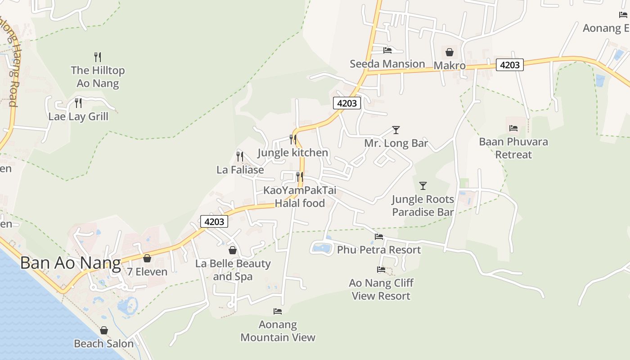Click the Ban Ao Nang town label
pyautogui.click(x=71, y=263)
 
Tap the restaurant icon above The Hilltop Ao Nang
pyautogui.click(x=98, y=57)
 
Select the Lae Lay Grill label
pyautogui.click(x=78, y=117)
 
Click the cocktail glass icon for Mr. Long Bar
pyautogui.click(x=396, y=130)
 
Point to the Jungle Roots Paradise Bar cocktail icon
pyautogui.click(x=423, y=185)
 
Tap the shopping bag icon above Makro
pyautogui.click(x=449, y=52)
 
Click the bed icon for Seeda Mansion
pyautogui.click(x=387, y=50)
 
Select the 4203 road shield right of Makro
pyautogui.click(x=509, y=65)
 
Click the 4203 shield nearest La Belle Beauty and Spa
pyautogui.click(x=214, y=221)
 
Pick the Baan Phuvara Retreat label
pyautogui.click(x=513, y=148)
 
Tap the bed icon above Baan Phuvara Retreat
pyautogui.click(x=513, y=128)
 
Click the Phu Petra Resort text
pyautogui.click(x=379, y=250)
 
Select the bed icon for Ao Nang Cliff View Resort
pyautogui.click(x=381, y=270)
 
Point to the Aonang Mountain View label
pyautogui.click(x=278, y=331)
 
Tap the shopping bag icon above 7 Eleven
pyautogui.click(x=147, y=258)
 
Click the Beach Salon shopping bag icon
pyautogui.click(x=104, y=331)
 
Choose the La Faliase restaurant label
pyautogui.click(x=240, y=170)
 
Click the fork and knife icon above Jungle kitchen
pyautogui.click(x=293, y=139)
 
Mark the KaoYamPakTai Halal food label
pyautogui.click(x=300, y=197)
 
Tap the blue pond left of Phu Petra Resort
pyautogui.click(x=321, y=247)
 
